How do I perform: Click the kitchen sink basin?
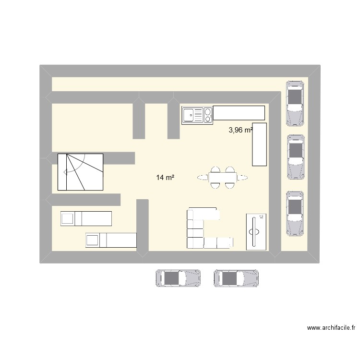[190, 115]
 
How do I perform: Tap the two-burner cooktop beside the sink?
[208, 115]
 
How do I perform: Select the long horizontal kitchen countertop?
[239, 113]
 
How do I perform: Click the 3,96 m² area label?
[241, 130]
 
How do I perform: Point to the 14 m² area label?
[165, 178]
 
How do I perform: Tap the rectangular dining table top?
[223, 178]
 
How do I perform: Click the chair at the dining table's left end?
[202, 178]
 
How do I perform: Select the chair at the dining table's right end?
[244, 178]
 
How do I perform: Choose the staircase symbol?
[80, 171]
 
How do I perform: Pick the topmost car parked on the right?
[295, 103]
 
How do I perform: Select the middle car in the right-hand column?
[296, 157]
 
